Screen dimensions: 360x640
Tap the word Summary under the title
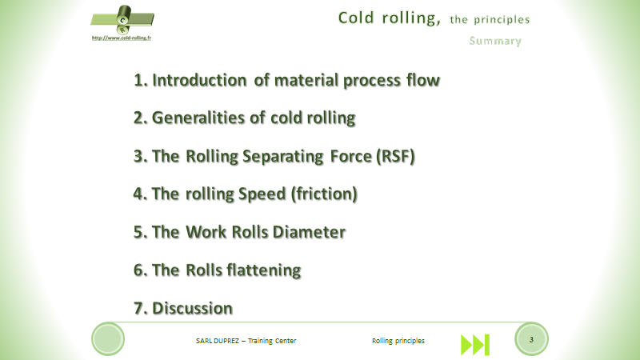pos(495,41)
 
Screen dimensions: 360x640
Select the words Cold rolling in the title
pos(388,17)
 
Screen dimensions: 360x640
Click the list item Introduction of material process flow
pos(286,80)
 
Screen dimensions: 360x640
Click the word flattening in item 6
pos(262,270)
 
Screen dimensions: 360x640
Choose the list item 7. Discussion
pos(182,308)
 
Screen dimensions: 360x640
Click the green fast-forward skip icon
pos(474,343)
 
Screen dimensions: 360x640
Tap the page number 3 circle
pos(531,339)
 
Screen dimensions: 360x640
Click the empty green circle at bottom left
pos(108,339)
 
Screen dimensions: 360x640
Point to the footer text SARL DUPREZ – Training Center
pos(246,341)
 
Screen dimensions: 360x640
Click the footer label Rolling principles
pos(398,341)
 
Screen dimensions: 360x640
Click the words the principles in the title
pos(490,18)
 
